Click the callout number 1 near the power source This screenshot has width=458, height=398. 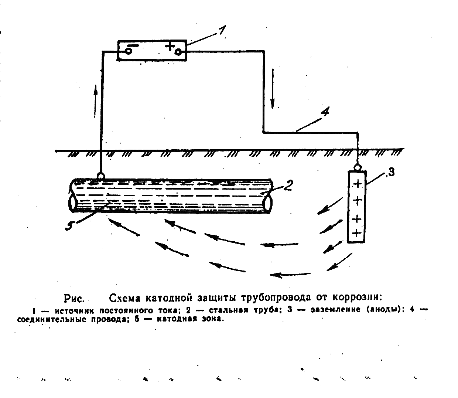point(221,31)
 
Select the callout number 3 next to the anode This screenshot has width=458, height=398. point(390,172)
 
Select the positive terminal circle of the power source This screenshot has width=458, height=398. point(178,52)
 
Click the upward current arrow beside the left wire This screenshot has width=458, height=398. point(96,101)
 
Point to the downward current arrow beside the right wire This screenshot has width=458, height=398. point(273,88)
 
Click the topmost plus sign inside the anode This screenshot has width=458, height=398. point(357,184)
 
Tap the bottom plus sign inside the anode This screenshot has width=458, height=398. point(356,232)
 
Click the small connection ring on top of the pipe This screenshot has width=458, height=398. point(100,175)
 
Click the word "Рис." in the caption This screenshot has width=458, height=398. point(75,298)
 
